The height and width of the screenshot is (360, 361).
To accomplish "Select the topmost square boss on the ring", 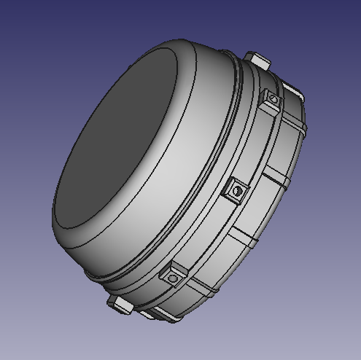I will [271, 101].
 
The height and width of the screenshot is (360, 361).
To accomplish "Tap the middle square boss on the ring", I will [236, 192].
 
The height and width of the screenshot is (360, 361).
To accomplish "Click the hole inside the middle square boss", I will [237, 191].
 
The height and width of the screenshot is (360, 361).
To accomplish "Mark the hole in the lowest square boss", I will [173, 278].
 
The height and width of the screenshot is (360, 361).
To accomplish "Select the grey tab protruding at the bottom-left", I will [120, 302].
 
